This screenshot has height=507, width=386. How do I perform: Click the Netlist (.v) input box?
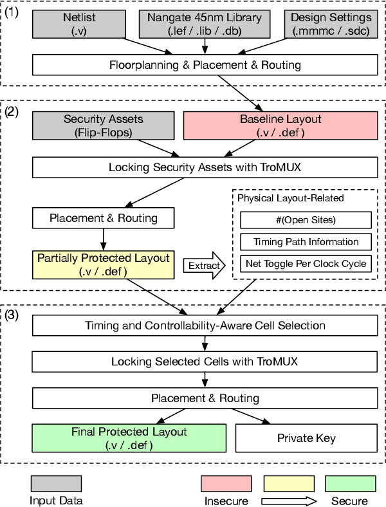(79, 24)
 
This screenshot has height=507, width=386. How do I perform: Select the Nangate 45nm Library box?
(205, 24)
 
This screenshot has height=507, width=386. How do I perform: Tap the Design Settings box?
(331, 24)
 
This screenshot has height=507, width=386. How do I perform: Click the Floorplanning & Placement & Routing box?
(205, 65)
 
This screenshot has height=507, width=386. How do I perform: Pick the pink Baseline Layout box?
(280, 125)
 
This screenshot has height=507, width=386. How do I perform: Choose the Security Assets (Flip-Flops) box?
(104, 125)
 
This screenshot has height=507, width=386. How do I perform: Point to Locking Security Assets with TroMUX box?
(205, 167)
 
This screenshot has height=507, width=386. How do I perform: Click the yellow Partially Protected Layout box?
(104, 265)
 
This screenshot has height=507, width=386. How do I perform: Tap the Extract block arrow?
(205, 266)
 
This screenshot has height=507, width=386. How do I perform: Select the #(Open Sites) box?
(306, 220)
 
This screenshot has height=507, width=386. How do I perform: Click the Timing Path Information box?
(306, 242)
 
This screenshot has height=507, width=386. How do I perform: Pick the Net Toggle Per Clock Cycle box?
(306, 264)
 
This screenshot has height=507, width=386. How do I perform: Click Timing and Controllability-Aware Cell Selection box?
(205, 326)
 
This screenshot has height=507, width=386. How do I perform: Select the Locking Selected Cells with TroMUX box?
(205, 362)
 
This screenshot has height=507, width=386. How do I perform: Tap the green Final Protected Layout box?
(129, 438)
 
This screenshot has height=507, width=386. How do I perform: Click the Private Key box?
(306, 438)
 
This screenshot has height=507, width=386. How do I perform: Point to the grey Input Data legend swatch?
(56, 483)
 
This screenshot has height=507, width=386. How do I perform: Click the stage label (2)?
(12, 112)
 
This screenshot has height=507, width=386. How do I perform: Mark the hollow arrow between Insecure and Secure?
(289, 501)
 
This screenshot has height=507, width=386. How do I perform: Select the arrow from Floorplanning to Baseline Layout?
(241, 93)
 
